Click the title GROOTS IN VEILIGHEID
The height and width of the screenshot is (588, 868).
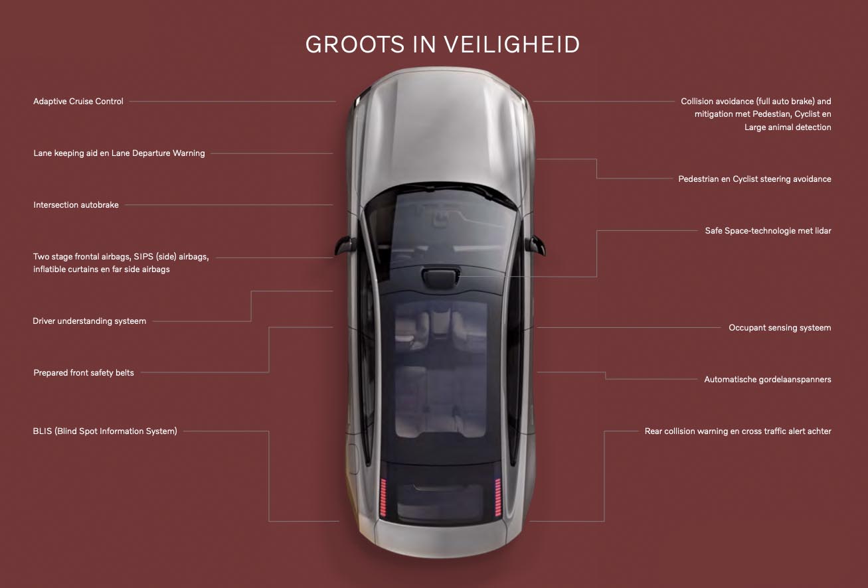click(x=442, y=44)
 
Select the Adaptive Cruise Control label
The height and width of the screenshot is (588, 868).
click(x=78, y=101)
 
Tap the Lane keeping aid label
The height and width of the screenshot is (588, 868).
click(x=119, y=153)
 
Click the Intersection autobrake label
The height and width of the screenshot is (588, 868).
click(x=76, y=204)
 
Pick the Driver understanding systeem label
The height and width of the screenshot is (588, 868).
click(x=90, y=321)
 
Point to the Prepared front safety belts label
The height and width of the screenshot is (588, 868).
click(x=84, y=372)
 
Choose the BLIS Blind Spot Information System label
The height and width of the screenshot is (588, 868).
click(x=105, y=431)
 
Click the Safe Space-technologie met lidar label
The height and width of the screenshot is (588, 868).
click(x=768, y=230)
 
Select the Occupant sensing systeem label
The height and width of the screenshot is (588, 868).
click(x=780, y=328)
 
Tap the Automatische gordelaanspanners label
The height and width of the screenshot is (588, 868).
click(x=768, y=379)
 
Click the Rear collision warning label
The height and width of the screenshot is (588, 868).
click(x=738, y=431)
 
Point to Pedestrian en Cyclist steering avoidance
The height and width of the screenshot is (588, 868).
click(x=754, y=179)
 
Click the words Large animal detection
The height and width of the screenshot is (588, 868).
click(x=788, y=127)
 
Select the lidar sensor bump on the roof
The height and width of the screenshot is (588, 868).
click(x=440, y=277)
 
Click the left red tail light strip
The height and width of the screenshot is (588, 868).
click(x=383, y=497)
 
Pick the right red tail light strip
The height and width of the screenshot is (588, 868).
click(x=498, y=497)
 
